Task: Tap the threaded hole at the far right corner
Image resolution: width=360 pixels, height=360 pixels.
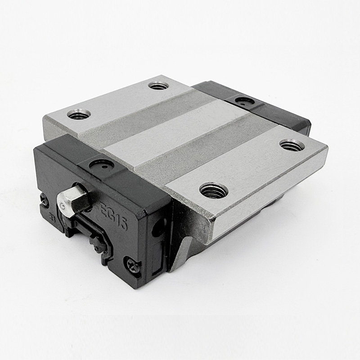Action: (x=292, y=145)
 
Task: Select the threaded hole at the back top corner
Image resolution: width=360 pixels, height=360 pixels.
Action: (x=158, y=85)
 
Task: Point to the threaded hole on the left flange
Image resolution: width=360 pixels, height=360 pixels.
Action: (x=79, y=114)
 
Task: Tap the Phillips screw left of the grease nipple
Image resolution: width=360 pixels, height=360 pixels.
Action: (x=44, y=198)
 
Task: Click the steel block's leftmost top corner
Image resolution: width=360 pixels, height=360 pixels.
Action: (x=44, y=118)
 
